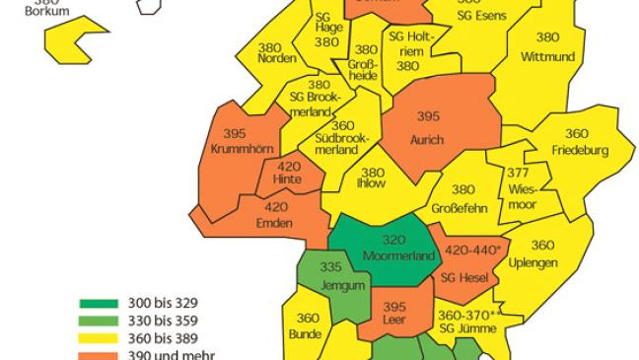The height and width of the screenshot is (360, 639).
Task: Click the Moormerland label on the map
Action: (386, 256)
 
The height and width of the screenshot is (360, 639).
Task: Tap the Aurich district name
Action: (427, 140)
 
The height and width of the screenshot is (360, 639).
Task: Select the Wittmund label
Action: (546, 56)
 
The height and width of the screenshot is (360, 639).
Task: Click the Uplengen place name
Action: (534, 262)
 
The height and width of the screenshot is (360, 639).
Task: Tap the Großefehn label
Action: (461, 208)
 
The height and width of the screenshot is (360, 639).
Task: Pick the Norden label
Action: (275, 58)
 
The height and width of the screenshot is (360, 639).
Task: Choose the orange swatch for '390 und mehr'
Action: (100, 355)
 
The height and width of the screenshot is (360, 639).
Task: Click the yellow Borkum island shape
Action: (71, 44)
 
